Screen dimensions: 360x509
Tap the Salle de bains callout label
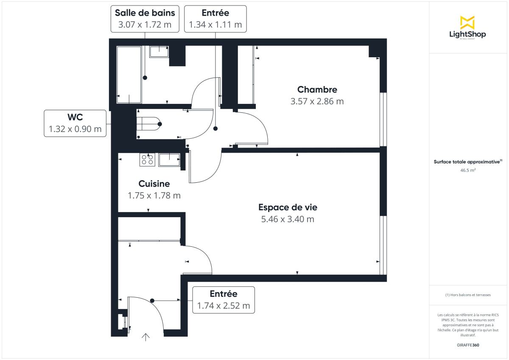144,19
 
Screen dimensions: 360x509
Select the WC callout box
75,123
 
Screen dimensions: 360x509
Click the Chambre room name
317,89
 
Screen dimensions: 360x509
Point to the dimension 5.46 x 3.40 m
288,219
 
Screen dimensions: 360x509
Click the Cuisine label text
154,184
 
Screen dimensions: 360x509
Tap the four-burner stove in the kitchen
147,159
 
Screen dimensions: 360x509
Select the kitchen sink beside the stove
169,159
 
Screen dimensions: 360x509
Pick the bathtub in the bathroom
129,75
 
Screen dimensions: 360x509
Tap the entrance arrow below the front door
145,337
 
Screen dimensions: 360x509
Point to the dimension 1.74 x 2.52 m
224,305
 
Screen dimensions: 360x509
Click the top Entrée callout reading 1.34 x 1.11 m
215,19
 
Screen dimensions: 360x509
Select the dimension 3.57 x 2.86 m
317,101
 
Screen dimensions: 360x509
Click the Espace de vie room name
288,207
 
